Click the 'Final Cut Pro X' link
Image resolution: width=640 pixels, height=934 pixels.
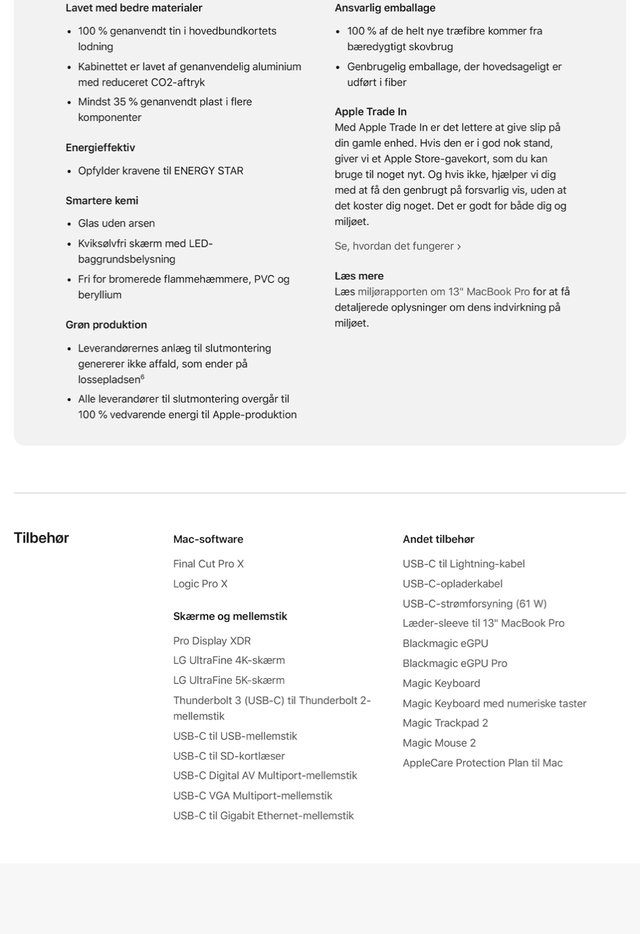tap(208, 564)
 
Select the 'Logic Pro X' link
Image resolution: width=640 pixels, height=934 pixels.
tap(200, 584)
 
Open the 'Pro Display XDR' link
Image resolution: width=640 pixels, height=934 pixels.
tap(211, 641)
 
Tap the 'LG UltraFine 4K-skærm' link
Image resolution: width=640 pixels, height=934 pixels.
tap(229, 660)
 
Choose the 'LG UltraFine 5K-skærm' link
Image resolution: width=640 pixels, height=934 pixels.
tap(229, 680)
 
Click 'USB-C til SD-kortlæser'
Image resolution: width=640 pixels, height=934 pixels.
tap(229, 756)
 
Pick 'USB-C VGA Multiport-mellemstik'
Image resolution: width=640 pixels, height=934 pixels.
tap(252, 796)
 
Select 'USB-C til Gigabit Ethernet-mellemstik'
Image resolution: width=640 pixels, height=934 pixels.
tap(263, 815)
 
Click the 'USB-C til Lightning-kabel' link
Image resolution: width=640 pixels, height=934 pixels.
tap(463, 564)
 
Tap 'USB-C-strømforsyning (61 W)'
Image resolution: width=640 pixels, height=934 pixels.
tap(474, 603)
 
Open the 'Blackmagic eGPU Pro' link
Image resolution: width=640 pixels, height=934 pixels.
tap(454, 663)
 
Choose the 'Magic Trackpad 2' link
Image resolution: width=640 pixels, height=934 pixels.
tap(445, 723)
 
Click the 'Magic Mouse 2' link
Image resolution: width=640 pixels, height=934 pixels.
tap(439, 742)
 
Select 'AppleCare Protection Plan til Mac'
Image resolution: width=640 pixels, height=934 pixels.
tap(482, 762)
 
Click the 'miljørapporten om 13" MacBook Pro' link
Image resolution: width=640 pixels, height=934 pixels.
tap(443, 291)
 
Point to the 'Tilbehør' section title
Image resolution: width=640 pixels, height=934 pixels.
tap(41, 538)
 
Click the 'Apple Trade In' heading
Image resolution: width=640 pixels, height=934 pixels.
tap(370, 111)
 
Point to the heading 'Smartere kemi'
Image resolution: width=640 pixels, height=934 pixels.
tap(102, 201)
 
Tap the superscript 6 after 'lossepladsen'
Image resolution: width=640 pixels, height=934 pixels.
tap(142, 377)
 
